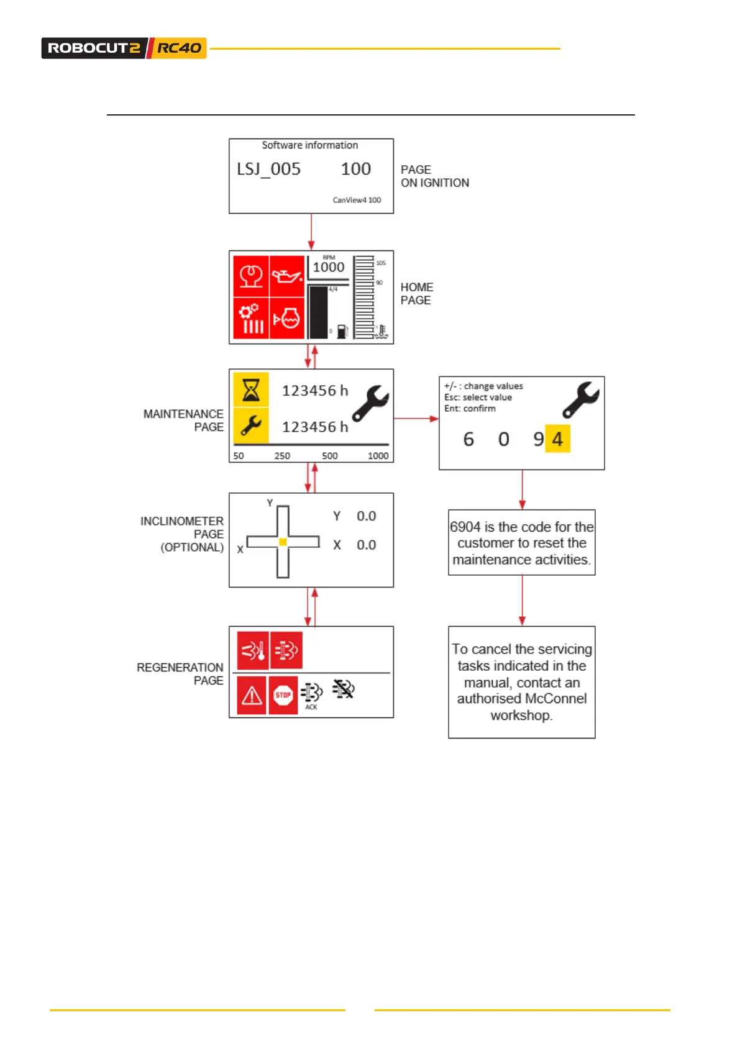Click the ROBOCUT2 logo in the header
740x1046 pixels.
point(94,48)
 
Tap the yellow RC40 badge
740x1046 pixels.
point(179,48)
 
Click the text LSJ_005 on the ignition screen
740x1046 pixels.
point(268,169)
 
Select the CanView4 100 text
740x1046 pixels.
point(357,200)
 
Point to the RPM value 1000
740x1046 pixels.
point(328,267)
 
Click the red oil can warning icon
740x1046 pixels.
point(286,275)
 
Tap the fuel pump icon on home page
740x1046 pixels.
point(342,332)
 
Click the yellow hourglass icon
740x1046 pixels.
point(251,390)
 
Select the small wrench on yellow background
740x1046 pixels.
point(251,426)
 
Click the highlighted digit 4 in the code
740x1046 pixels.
point(557,439)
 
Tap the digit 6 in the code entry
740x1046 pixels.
point(468,439)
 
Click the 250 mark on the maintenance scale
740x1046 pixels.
point(282,456)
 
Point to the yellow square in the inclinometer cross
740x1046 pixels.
point(283,542)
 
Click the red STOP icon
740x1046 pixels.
point(283,695)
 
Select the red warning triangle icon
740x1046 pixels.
point(252,696)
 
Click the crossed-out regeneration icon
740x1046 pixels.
point(343,688)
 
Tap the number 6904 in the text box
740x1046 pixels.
point(465,527)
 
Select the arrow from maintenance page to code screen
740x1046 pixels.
point(416,419)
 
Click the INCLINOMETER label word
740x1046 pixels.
point(181,521)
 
